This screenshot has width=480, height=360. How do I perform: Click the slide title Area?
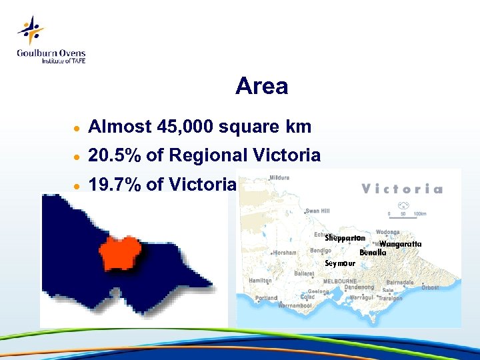point(261,87)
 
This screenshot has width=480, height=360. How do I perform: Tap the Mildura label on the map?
point(279,179)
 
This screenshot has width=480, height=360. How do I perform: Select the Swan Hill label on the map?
point(317,211)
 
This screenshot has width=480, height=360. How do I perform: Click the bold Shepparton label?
point(345,238)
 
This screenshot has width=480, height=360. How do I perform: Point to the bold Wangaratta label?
point(400,244)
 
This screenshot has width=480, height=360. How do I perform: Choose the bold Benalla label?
point(373,253)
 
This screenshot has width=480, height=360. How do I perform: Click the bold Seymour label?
point(339,263)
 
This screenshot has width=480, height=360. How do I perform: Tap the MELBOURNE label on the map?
point(340,281)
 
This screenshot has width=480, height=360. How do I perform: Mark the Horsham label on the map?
point(284,253)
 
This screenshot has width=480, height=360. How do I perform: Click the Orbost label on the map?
point(430,288)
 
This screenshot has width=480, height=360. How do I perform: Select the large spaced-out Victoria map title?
point(401,189)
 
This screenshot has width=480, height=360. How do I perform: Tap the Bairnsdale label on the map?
point(400,283)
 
